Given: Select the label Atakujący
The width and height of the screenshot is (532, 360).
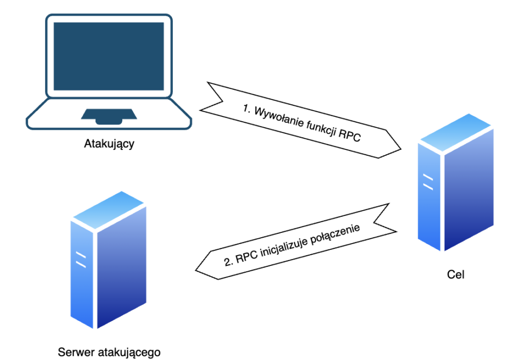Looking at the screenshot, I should click(x=109, y=144).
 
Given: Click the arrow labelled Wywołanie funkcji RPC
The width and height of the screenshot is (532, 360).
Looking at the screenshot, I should click(x=301, y=121).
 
